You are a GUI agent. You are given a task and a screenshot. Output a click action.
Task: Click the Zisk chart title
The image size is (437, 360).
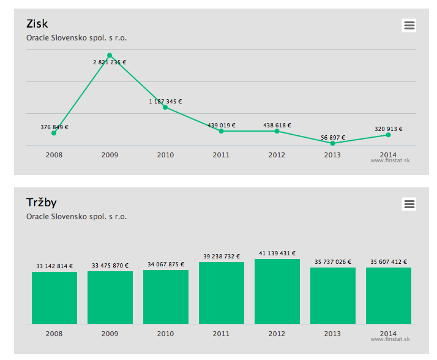[x=37, y=24]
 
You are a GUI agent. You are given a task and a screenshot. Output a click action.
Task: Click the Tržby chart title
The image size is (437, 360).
[x=41, y=203]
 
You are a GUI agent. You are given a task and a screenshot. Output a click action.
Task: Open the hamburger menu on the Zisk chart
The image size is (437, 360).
[x=409, y=25]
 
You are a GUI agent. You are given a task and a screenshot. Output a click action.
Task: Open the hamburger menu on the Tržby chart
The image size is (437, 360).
[x=409, y=204]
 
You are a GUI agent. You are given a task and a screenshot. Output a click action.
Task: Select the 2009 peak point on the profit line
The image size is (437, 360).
[x=110, y=55]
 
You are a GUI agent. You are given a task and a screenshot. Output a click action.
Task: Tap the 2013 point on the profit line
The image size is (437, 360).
[x=332, y=143]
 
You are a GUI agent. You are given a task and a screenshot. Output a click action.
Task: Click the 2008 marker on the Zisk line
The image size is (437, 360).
[x=54, y=133]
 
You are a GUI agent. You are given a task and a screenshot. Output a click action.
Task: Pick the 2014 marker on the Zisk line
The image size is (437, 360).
[x=388, y=135]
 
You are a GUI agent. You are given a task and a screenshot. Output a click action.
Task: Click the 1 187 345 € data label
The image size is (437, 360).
[x=165, y=102]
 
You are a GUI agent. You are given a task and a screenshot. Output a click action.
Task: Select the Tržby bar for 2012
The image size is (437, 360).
[x=277, y=291]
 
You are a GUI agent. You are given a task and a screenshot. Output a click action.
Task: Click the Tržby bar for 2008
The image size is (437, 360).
[x=54, y=298]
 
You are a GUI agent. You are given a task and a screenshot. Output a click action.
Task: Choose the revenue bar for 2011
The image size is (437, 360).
[x=221, y=293]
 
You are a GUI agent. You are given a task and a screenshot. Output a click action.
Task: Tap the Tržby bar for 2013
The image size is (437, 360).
[x=332, y=296]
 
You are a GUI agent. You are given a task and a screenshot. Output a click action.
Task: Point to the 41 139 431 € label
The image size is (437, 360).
[x=277, y=253]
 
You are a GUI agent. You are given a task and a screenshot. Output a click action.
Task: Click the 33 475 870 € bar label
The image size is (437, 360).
[x=110, y=266]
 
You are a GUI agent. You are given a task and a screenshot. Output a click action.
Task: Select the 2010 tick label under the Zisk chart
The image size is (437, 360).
[x=165, y=155]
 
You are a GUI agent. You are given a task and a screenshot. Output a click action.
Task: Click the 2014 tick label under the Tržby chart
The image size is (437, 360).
[x=388, y=334]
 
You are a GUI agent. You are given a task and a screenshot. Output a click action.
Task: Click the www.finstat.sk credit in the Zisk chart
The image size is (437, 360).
[x=390, y=160]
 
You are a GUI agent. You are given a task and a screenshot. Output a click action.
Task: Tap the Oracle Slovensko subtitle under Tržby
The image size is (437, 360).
[x=77, y=217]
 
